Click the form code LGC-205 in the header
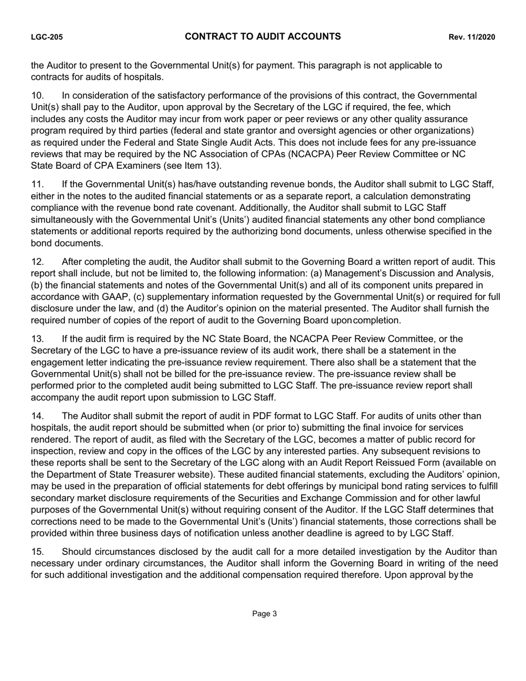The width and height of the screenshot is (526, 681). coord(47,38)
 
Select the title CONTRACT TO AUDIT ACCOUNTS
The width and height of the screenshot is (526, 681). coord(262,37)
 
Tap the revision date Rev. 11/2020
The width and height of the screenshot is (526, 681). coord(471,38)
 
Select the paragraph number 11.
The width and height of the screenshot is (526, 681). coord(36,184)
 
